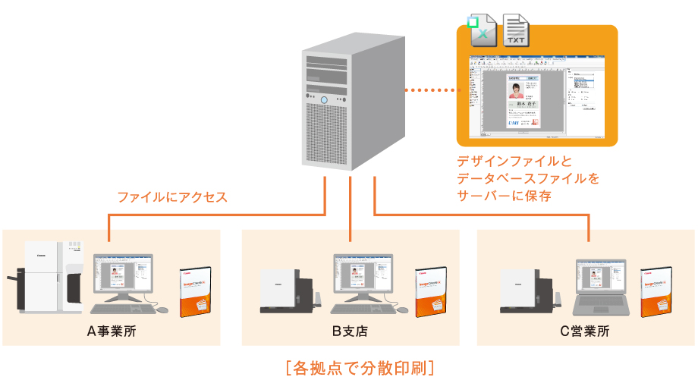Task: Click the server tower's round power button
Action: tap(325, 100)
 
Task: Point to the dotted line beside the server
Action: tap(432, 90)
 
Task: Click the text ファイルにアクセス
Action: tap(172, 197)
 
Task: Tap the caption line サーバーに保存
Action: tap(503, 196)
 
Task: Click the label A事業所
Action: tap(112, 331)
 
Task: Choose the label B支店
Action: tap(351, 331)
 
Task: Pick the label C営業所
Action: tap(585, 331)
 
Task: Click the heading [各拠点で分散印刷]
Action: tap(360, 367)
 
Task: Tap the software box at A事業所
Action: tap(194, 291)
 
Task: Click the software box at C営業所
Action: tap(656, 291)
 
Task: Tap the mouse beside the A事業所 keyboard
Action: tap(162, 309)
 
